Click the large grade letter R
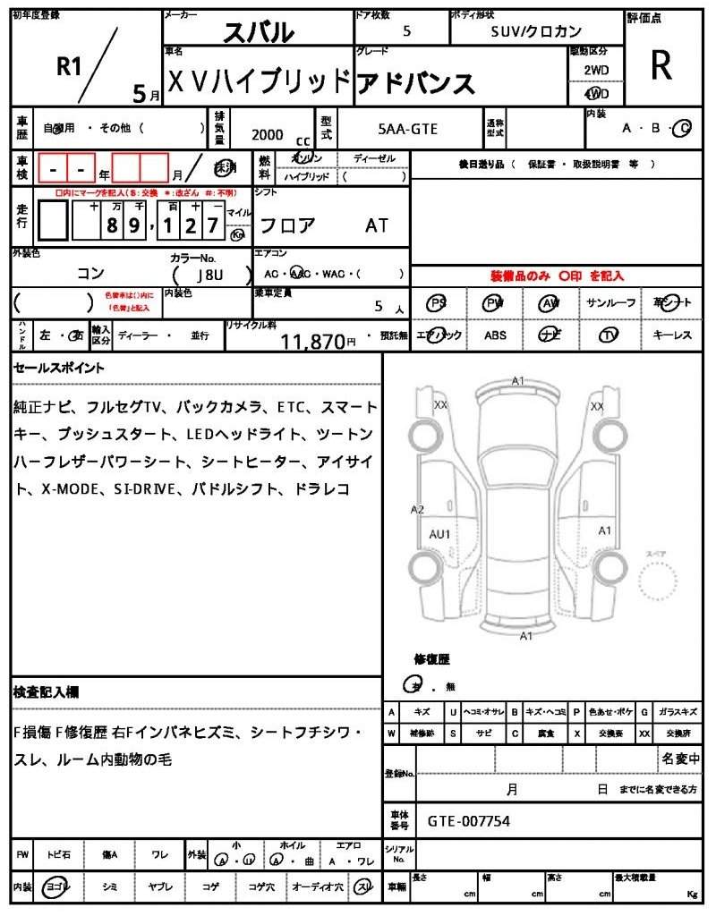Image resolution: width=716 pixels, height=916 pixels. (x=661, y=64)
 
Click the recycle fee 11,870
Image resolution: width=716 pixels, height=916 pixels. (x=312, y=341)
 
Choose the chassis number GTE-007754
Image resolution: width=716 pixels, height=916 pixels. (x=469, y=820)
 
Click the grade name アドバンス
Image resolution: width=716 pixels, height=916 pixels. (x=415, y=82)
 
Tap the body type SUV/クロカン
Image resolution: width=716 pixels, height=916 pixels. (x=536, y=31)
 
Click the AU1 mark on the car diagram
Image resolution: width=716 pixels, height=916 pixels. (x=439, y=534)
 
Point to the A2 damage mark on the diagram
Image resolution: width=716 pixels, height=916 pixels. (x=417, y=510)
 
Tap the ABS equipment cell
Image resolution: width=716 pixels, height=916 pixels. (x=495, y=335)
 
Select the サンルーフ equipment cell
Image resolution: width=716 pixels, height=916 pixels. (x=611, y=303)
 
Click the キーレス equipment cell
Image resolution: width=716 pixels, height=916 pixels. (x=671, y=335)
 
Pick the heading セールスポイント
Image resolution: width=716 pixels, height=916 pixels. (x=58, y=368)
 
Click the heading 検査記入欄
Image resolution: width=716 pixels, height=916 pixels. (x=47, y=691)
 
